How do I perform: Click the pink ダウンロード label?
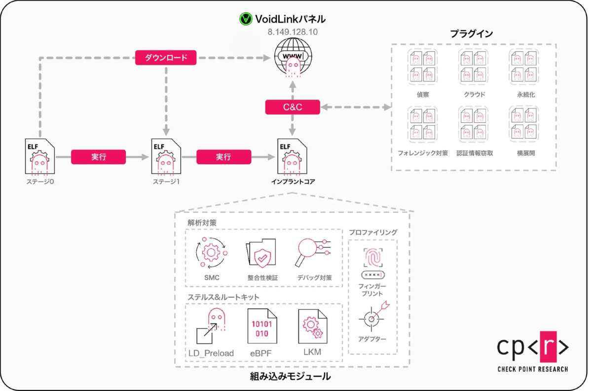pyautogui.click(x=166, y=58)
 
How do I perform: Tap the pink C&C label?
pyautogui.click(x=293, y=107)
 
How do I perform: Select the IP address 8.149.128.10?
pyautogui.click(x=293, y=32)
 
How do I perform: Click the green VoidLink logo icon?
pyautogui.click(x=245, y=19)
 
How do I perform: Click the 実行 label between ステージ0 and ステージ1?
pyautogui.click(x=99, y=157)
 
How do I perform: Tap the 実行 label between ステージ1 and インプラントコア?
pyautogui.click(x=223, y=157)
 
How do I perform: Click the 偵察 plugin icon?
pyautogui.click(x=422, y=67)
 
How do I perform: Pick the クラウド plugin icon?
pyautogui.click(x=474, y=67)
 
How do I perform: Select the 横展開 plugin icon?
pyautogui.click(x=523, y=123)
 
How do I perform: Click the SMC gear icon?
pyautogui.click(x=211, y=252)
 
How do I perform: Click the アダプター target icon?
pyautogui.click(x=373, y=317)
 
